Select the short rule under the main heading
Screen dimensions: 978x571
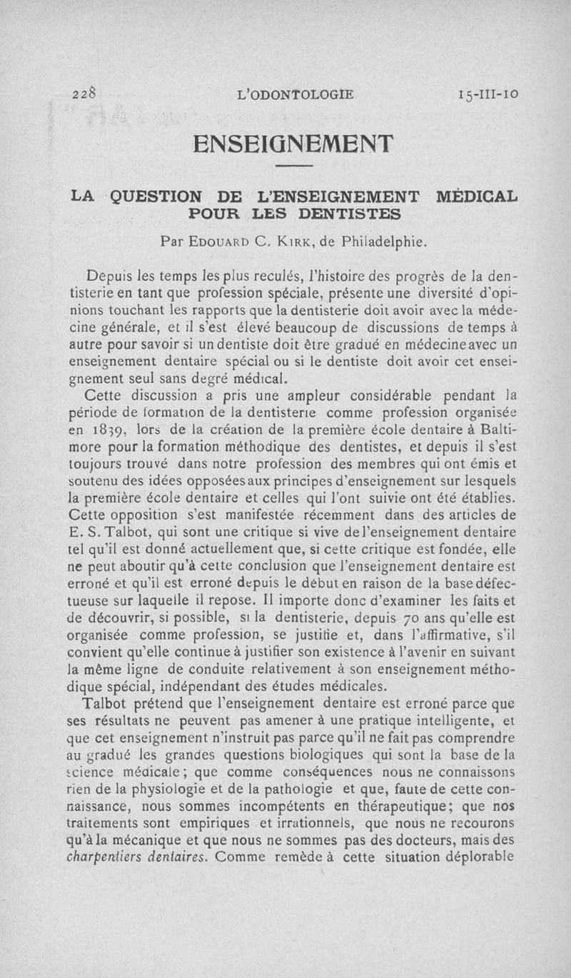click(x=293, y=167)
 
